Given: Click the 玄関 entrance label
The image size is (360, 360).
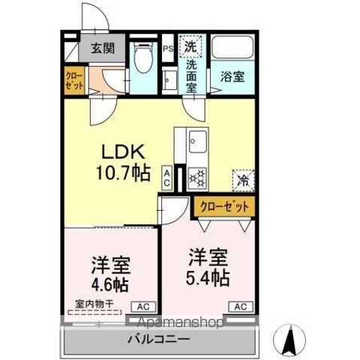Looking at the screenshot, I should (x=103, y=49).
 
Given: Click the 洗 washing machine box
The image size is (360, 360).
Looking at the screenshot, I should (x=193, y=45).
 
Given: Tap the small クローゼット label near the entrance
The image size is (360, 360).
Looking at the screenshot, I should (x=72, y=81).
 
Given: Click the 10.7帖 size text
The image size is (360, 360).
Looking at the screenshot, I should (x=122, y=174).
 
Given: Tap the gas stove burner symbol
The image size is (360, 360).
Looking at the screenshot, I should (x=198, y=177).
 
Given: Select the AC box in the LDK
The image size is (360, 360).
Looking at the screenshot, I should (x=167, y=177).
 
